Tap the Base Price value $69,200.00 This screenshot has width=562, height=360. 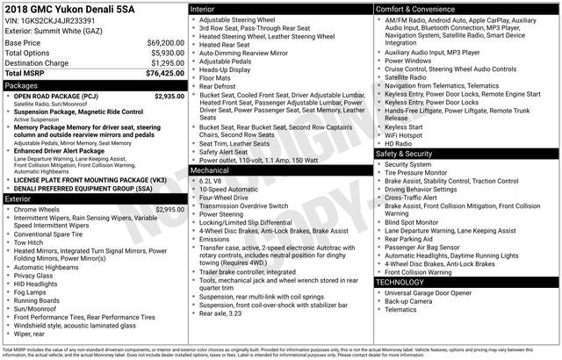coord(165,42)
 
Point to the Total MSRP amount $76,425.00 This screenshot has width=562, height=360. coord(163,74)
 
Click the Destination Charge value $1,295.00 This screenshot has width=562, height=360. coord(167,63)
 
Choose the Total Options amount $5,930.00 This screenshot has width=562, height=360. coord(167,53)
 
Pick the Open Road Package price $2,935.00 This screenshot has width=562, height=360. coord(169,96)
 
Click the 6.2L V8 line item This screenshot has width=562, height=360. coord(216,180)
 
